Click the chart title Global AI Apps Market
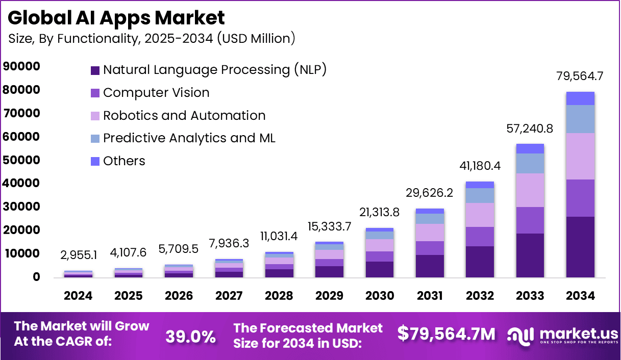click(116, 18)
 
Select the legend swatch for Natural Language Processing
click(95, 70)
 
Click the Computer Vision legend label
click(156, 93)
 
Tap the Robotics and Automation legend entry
click(184, 116)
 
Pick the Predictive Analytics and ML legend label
click(189, 138)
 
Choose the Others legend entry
click(124, 161)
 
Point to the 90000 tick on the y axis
click(21, 67)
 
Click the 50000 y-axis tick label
click(21, 160)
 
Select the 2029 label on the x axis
click(329, 296)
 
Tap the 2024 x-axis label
click(78, 296)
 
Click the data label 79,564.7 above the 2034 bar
click(580, 77)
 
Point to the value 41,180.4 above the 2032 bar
click(479, 167)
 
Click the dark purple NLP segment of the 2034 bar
click(580, 247)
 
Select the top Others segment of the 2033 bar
click(530, 148)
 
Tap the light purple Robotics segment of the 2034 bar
click(580, 156)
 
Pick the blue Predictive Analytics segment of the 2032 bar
click(480, 195)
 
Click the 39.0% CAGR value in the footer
click(190, 336)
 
